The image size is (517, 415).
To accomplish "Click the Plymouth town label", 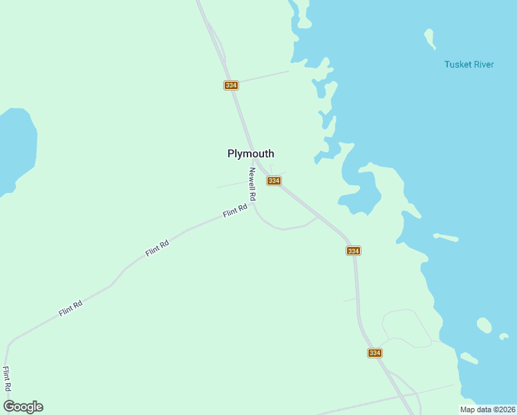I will [251, 154].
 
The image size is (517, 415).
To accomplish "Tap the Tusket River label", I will [469, 64].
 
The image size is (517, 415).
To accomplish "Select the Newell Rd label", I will [253, 184].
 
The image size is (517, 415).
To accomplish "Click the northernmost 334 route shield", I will [231, 85].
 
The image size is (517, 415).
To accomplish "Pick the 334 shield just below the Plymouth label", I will [274, 181].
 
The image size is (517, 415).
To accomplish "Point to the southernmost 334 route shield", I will [374, 353].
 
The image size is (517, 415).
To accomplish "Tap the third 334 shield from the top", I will [353, 250].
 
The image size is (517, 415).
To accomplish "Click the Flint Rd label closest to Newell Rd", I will [235, 212].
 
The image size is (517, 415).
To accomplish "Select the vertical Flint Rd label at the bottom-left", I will [7, 380].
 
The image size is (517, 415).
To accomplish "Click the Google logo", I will [23, 407].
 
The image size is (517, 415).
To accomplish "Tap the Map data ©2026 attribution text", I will [487, 409].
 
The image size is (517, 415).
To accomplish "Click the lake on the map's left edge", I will [15, 149].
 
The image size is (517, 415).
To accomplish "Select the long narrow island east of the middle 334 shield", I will [446, 237].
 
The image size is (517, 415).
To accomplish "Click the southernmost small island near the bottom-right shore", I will [469, 358].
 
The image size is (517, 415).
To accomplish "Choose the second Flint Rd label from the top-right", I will [158, 248].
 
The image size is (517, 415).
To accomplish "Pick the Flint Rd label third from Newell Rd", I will [70, 308].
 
